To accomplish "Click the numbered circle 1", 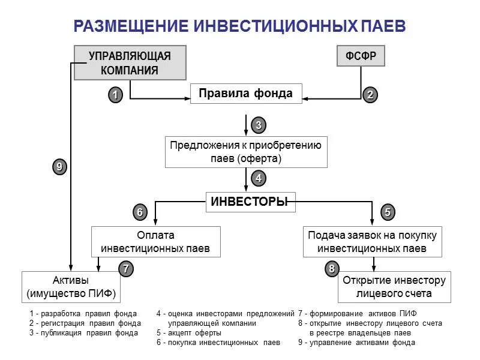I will click(116, 95).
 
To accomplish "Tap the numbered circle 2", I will click(370, 95).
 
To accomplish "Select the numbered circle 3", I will click(259, 125).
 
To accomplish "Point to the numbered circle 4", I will click(259, 178).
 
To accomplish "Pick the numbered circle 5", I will click(388, 212).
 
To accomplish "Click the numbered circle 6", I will click(140, 212).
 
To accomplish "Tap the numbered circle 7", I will click(125, 269).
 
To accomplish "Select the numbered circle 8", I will click(332, 269).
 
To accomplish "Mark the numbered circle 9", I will click(59, 168).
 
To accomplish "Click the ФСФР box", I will click(361, 56).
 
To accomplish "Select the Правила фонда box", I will click(245, 94).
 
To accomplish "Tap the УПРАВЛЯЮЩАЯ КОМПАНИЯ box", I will click(130, 63).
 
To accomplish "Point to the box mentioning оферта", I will click(246, 152).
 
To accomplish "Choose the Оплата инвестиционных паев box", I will click(155, 242).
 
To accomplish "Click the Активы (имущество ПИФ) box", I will click(71, 287).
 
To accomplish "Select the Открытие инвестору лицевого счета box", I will click(394, 287).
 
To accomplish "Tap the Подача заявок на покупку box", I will click(372, 242).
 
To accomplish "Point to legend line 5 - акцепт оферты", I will click(189, 332).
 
